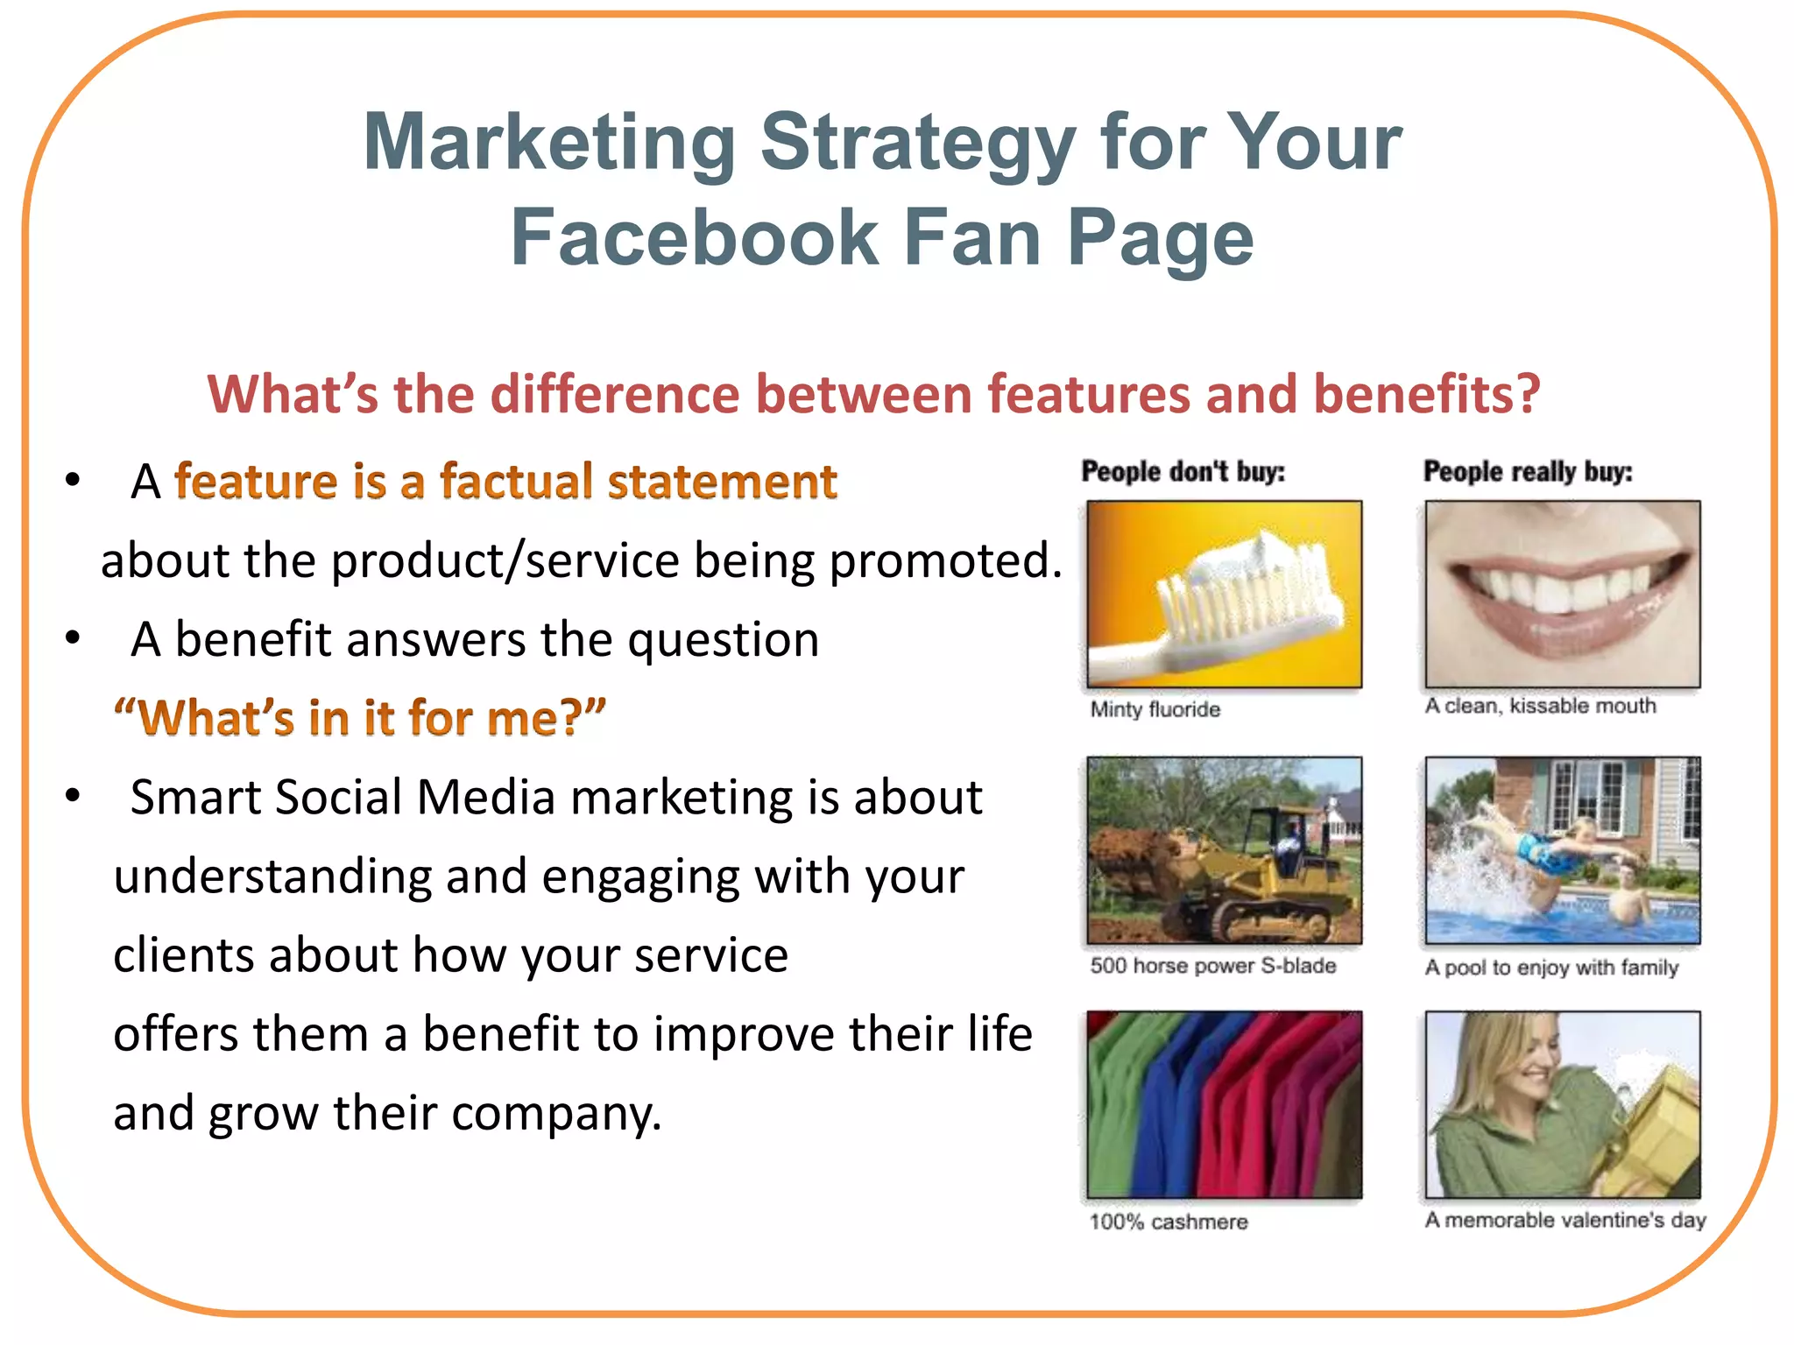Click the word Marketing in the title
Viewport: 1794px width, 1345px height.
pos(550,143)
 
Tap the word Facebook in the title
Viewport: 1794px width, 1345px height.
pos(694,238)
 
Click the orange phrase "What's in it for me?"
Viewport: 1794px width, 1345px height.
pos(359,718)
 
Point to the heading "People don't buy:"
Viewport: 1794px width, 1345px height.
pos(1183,472)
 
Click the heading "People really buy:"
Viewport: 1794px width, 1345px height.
pos(1528,472)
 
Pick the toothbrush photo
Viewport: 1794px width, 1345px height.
pos(1224,594)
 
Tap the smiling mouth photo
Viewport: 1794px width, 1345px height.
pos(1562,594)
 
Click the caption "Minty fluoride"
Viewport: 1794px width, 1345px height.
pos(1155,709)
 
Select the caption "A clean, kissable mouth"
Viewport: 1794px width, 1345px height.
pos(1540,706)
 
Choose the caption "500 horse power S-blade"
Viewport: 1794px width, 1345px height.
pos(1212,966)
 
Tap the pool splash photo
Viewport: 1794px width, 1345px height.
pos(1562,850)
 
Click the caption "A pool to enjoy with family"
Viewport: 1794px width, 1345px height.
pos(1551,968)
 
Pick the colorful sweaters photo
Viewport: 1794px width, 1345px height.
pos(1224,1105)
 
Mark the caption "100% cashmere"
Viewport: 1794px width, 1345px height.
pos(1168,1222)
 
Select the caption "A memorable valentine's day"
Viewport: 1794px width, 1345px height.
pos(1564,1220)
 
